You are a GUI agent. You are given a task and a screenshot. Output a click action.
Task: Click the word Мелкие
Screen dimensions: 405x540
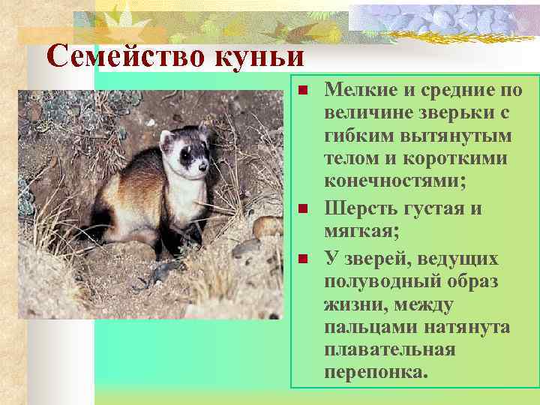361,91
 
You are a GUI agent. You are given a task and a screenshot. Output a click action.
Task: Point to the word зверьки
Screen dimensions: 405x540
453,115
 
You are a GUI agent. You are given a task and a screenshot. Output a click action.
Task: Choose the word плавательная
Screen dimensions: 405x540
389,350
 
